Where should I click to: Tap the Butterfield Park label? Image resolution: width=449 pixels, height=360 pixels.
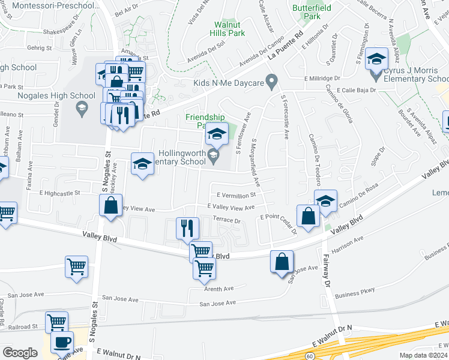[307, 12]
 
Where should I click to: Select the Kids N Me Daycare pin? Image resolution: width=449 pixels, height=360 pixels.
[271, 79]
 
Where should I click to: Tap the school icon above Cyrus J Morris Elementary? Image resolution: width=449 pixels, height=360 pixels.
[377, 59]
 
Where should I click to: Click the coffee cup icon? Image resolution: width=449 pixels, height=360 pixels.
[61, 343]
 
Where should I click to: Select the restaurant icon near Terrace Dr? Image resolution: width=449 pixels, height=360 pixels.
[187, 228]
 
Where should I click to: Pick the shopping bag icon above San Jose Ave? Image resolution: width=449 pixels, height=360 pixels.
[282, 262]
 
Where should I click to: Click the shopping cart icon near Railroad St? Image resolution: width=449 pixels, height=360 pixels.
[56, 322]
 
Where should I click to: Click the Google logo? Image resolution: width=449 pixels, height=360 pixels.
[20, 353]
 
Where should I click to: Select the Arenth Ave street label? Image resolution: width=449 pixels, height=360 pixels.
[219, 289]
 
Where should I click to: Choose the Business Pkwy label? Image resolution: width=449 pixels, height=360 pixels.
[355, 292]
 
